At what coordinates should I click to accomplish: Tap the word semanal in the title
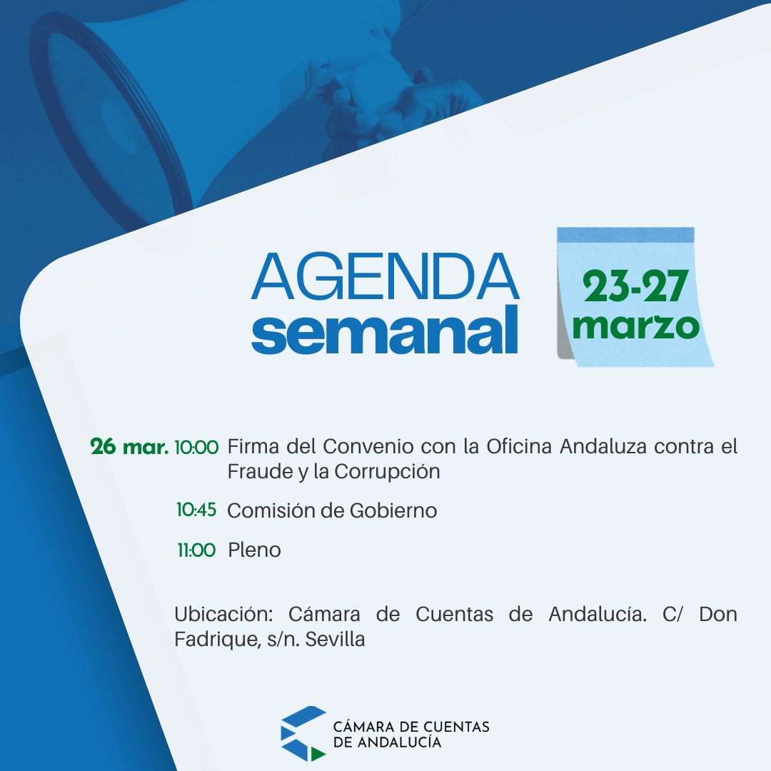coord(385,330)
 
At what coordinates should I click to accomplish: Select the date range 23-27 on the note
coord(635,288)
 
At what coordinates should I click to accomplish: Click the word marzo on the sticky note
coord(635,326)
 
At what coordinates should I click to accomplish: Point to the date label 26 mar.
coord(129,448)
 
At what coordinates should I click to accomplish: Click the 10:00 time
coord(196,448)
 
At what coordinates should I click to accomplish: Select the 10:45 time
coord(196,510)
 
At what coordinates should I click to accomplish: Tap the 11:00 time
coord(196,550)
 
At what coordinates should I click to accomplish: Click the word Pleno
coord(254,550)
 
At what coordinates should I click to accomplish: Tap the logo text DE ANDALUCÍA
coord(388,742)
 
